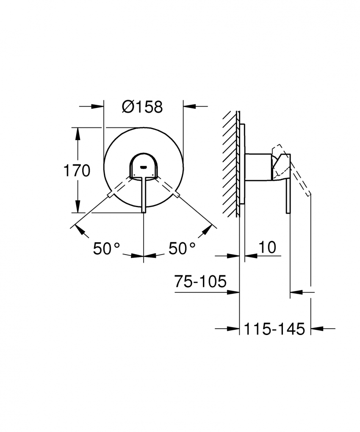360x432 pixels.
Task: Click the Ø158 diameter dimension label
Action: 142,107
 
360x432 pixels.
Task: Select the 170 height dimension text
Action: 77,171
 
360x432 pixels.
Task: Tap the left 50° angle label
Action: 107,249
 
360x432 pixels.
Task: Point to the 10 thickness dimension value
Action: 266,247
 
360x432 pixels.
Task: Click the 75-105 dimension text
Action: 200,282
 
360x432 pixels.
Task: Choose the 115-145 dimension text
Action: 274,329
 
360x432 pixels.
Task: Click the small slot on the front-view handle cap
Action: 144,167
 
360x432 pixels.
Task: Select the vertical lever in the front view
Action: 144,195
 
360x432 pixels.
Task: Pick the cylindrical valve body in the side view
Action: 258,167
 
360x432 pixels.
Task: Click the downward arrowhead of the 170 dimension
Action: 77,208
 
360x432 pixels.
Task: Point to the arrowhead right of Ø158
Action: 188,106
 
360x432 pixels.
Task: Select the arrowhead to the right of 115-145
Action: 316,328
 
